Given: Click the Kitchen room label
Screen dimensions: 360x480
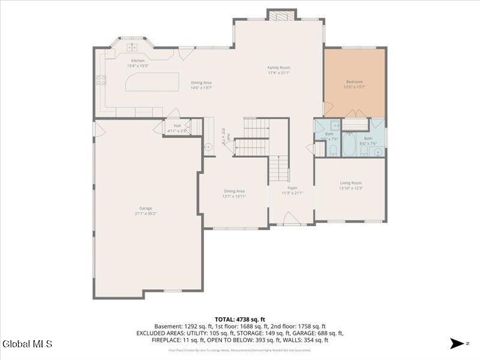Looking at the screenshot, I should pyautogui.click(x=138, y=61).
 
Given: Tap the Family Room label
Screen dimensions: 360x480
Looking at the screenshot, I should pyautogui.click(x=278, y=68).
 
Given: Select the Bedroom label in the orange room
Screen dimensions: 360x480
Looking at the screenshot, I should pyautogui.click(x=355, y=82).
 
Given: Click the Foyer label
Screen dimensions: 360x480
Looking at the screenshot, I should pyautogui.click(x=292, y=188).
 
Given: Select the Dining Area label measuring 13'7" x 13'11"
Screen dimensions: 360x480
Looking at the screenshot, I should pyautogui.click(x=234, y=191).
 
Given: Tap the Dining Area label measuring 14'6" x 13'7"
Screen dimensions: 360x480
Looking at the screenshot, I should pyautogui.click(x=201, y=83).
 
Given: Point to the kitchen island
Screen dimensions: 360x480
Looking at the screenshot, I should pyautogui.click(x=152, y=82).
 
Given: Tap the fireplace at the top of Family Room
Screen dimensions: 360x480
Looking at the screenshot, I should pyautogui.click(x=281, y=15).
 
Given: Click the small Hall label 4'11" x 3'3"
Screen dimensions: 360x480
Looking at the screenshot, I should pyautogui.click(x=177, y=125).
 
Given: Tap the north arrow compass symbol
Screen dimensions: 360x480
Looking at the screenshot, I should pyautogui.click(x=457, y=343).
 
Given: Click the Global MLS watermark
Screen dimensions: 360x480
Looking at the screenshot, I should pyautogui.click(x=27, y=344).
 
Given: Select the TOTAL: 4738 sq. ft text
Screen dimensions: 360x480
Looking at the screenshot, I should pyautogui.click(x=239, y=319).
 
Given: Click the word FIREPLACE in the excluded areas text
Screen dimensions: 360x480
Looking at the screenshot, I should pyautogui.click(x=169, y=340).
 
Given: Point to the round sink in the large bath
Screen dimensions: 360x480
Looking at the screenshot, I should pyautogui.click(x=377, y=152).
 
